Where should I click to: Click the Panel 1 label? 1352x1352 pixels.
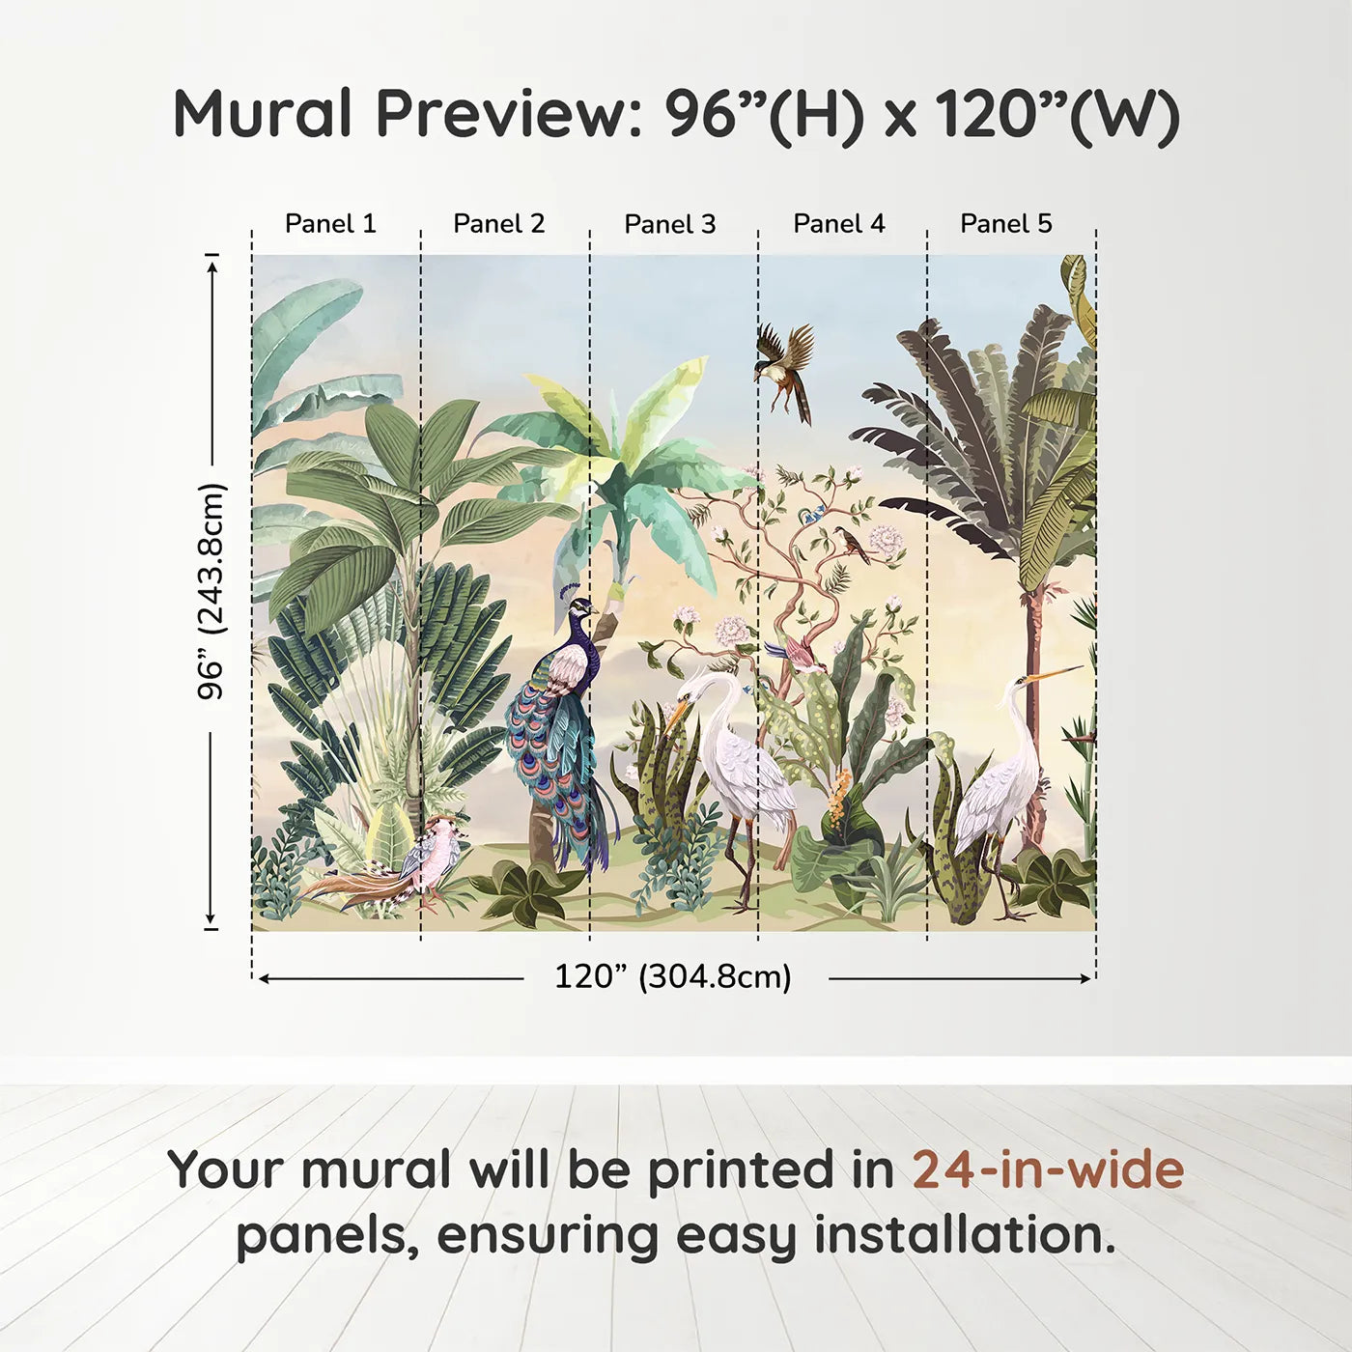(x=330, y=224)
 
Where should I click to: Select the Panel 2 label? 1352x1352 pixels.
(x=499, y=224)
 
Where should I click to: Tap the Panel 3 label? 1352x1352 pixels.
(x=670, y=224)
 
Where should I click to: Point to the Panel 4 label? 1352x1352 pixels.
(x=839, y=224)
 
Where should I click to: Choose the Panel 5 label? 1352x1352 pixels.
(x=1006, y=224)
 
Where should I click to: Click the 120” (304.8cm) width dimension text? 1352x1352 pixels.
(x=673, y=977)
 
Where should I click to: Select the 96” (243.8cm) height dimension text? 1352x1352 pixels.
(x=211, y=591)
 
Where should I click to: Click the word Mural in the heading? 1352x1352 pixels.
(x=263, y=113)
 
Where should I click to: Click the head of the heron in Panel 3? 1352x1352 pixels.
(x=694, y=689)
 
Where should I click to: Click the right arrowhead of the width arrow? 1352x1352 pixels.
(x=1085, y=978)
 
